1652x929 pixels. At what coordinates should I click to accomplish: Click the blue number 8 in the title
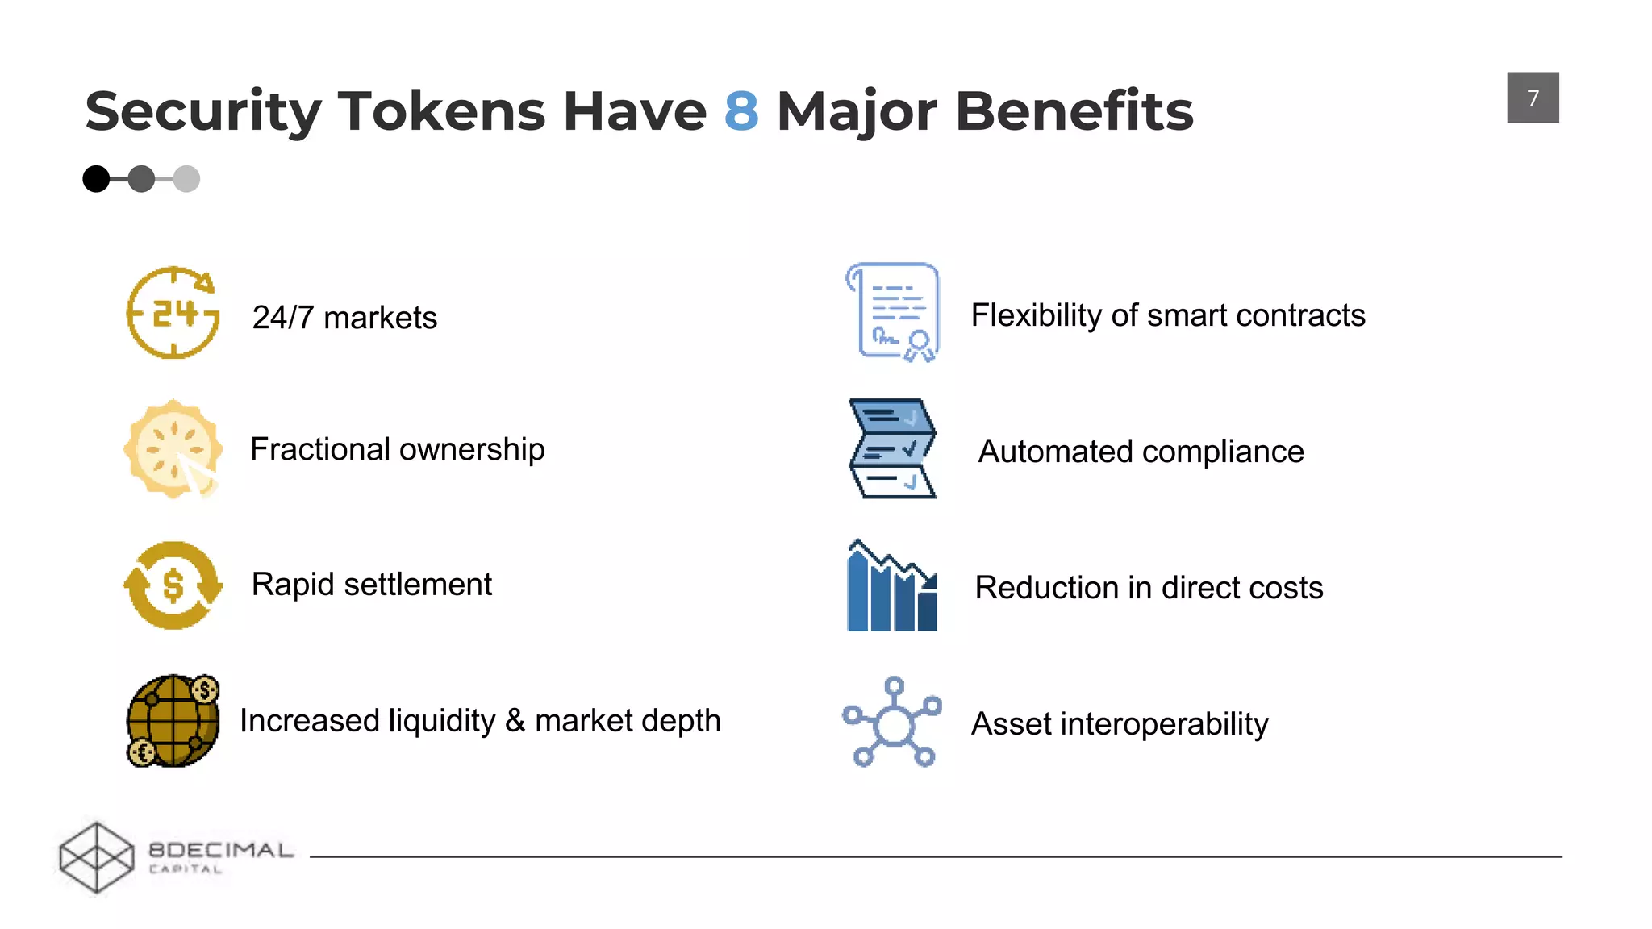coord(741,110)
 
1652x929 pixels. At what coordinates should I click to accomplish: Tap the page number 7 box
coord(1532,98)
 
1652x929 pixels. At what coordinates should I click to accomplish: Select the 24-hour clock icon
coord(173,313)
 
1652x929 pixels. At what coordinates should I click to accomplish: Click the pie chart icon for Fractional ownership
coord(173,449)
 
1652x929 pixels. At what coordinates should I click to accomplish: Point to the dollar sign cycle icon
coord(173,585)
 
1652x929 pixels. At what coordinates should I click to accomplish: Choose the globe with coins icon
coord(173,720)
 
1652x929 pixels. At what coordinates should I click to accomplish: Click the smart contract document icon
coord(894,312)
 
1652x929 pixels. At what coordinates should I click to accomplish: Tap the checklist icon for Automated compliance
coord(892,448)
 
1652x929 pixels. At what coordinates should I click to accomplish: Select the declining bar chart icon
coord(892,586)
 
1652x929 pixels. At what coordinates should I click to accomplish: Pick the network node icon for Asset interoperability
coord(892,722)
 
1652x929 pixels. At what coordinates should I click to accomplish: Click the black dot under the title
coord(96,178)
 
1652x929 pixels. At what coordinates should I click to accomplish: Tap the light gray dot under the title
coord(186,178)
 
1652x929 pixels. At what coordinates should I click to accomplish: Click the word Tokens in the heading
coord(441,110)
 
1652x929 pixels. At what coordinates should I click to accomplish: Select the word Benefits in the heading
coord(1074,110)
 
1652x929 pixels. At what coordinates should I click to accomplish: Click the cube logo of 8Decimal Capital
coord(97,857)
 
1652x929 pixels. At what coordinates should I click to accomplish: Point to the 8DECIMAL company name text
coord(221,850)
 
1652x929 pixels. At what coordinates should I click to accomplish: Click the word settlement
coord(417,584)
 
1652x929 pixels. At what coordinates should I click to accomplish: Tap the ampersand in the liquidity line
coord(515,720)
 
